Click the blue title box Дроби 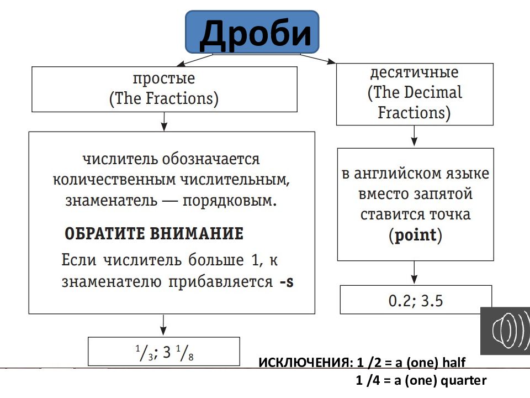click(252, 33)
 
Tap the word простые click(164, 78)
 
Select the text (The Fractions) click(164, 99)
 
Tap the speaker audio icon click(505, 331)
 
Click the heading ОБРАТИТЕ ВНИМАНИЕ click(154, 233)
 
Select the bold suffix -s click(286, 281)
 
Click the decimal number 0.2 click(398, 301)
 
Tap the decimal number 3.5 click(432, 301)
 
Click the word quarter click(465, 380)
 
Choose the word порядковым click(240, 200)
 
